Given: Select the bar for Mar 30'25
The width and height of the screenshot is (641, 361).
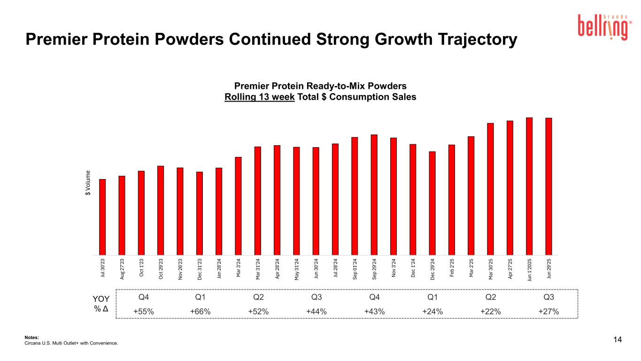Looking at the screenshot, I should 490,188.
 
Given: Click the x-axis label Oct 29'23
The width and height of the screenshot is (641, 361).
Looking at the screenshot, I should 161,269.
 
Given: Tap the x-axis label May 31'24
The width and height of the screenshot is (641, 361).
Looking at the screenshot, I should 296,269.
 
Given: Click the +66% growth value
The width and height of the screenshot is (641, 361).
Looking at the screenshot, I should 200,312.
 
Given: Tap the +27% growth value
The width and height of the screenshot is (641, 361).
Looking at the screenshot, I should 548,312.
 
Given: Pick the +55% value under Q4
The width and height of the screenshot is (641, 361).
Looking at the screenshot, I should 144,312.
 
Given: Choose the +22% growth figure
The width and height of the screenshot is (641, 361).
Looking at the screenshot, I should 490,312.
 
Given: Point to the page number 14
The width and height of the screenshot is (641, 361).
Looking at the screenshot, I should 618,339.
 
